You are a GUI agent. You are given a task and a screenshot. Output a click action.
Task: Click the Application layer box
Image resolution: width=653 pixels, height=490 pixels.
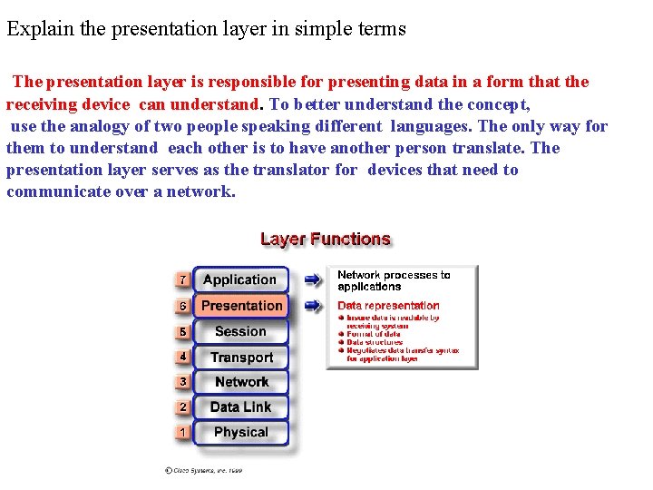(239, 280)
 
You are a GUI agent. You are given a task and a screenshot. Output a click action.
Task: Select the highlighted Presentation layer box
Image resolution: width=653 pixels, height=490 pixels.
(241, 306)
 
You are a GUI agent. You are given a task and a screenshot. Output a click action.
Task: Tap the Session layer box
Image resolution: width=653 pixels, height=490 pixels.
(240, 331)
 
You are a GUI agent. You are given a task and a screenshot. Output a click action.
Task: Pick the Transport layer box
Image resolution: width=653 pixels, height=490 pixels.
(241, 358)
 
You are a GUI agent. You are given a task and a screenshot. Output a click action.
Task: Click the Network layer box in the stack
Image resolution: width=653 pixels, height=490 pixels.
(241, 382)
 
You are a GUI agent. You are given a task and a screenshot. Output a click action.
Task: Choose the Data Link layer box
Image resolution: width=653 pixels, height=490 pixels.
(241, 407)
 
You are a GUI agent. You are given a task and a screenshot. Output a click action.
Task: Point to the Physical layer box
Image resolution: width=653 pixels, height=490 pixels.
(241, 433)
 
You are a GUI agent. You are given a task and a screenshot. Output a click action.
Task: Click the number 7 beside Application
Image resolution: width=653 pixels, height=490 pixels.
(182, 280)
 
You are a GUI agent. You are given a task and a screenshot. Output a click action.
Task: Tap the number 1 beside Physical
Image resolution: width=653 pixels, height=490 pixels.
(182, 433)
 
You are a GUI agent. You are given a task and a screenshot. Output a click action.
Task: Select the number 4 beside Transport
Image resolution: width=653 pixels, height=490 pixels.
(182, 358)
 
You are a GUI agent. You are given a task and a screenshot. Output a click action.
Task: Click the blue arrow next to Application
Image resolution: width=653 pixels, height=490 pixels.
(312, 279)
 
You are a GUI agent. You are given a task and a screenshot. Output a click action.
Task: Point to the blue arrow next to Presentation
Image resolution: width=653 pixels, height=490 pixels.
(312, 306)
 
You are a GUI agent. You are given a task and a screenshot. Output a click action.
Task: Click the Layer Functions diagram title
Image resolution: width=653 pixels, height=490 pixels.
(326, 240)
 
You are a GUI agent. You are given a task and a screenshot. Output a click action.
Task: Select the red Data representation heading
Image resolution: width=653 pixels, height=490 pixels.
(388, 306)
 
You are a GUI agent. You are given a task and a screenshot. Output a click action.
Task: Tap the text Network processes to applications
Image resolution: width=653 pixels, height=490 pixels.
(394, 280)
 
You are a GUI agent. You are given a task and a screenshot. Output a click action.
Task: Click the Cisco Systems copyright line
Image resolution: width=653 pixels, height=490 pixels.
(204, 470)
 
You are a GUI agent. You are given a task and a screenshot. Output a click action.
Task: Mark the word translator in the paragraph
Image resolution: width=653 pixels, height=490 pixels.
(288, 170)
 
